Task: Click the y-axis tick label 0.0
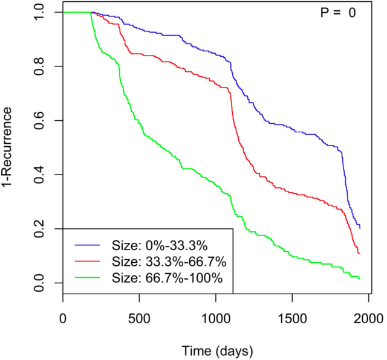point(40,283)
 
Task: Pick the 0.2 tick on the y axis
point(40,229)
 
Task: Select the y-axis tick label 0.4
point(40,175)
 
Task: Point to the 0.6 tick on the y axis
point(40,121)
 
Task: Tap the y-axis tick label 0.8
point(40,66)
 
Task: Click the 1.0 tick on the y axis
point(40,13)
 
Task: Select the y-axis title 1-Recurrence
point(9,147)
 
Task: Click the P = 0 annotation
point(337,13)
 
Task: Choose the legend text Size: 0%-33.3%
point(160,246)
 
